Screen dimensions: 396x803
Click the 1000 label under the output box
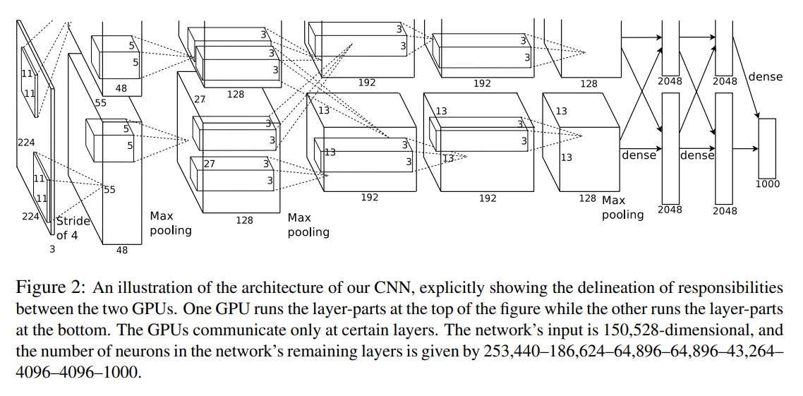767,184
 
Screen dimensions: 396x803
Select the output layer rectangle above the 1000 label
767,148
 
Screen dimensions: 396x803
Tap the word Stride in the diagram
73,221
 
